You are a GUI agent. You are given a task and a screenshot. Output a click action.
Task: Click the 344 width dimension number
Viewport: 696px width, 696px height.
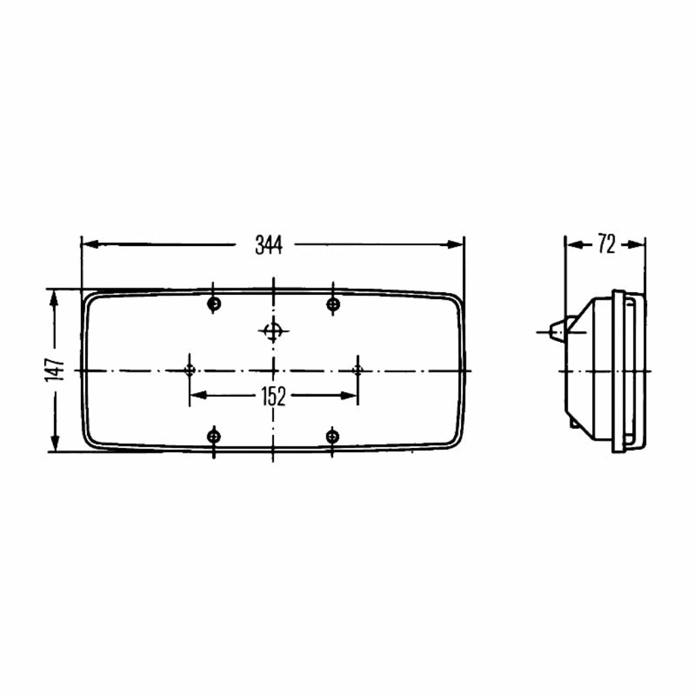point(268,245)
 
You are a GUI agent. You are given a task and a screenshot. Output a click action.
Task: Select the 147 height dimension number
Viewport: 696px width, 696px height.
point(55,370)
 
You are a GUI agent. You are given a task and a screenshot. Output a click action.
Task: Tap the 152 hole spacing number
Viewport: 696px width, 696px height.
point(273,396)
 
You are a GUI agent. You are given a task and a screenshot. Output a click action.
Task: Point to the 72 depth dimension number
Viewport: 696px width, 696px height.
point(606,244)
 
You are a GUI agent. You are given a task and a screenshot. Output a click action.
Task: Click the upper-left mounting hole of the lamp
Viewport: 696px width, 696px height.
point(214,304)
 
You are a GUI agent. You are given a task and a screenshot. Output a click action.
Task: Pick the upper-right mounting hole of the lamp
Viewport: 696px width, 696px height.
point(333,304)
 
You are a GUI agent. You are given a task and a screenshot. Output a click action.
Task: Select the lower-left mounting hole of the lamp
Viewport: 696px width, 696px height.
point(213,437)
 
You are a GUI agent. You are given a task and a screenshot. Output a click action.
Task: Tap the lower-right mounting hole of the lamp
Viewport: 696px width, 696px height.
point(332,437)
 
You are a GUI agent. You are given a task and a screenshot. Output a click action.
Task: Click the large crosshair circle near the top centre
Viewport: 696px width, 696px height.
point(273,331)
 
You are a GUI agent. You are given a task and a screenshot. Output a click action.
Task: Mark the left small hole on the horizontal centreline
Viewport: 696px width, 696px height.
point(190,370)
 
